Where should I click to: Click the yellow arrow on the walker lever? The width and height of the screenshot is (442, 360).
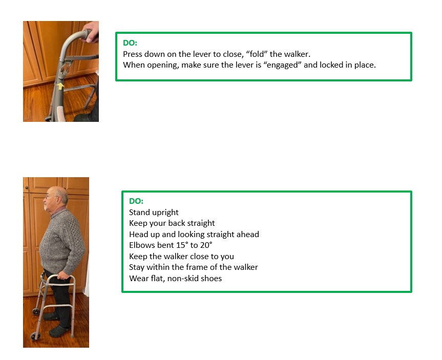click(60, 86)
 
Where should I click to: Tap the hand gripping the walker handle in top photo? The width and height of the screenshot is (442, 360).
click(91, 32)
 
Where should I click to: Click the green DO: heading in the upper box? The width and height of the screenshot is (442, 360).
click(130, 43)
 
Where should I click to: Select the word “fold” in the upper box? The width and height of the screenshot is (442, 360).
click(257, 54)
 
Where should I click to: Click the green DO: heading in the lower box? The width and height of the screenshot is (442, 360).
click(136, 201)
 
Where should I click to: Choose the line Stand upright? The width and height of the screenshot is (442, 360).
click(154, 213)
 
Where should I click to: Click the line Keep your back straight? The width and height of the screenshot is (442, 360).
click(172, 223)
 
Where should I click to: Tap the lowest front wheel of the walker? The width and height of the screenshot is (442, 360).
click(35, 336)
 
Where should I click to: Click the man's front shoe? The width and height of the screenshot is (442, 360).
click(58, 331)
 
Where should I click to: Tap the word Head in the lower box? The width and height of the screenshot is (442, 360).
click(138, 234)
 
